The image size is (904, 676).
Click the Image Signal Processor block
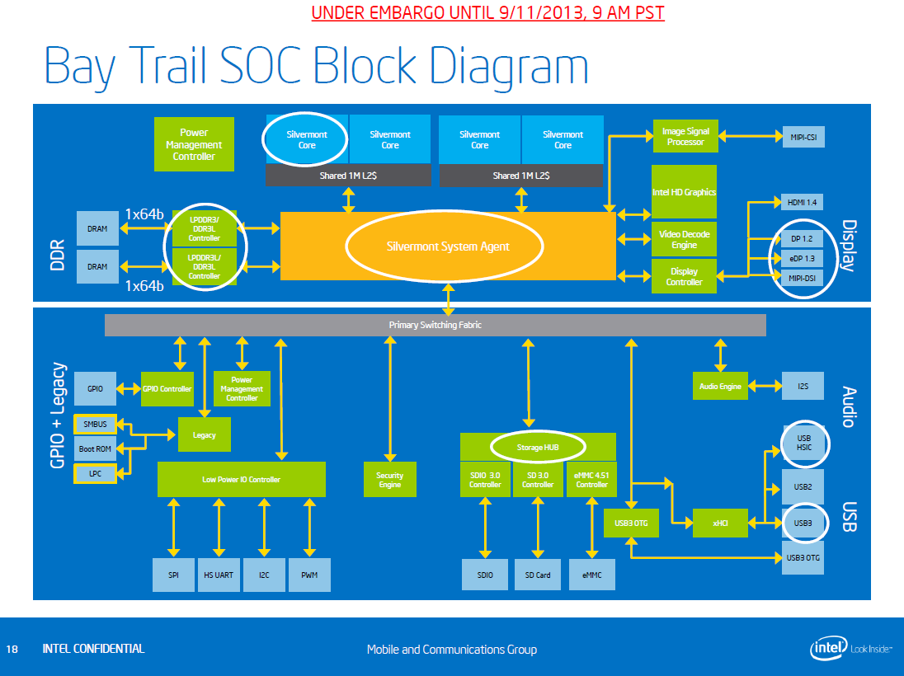[685, 137]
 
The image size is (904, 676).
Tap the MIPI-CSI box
[803, 137]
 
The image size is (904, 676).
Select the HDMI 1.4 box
[803, 202]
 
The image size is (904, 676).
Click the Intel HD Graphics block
[684, 192]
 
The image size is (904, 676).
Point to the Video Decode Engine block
[684, 240]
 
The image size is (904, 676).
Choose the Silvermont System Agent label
[448, 246]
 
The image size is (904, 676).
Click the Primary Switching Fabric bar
[435, 325]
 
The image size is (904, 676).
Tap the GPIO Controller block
[167, 389]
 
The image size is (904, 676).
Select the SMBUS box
[96, 425]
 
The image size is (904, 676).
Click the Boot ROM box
[96, 449]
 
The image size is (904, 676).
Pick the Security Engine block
[389, 480]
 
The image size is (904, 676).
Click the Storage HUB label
[538, 448]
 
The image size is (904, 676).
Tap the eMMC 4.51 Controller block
[591, 480]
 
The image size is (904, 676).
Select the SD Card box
[538, 575]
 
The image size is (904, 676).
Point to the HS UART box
[219, 575]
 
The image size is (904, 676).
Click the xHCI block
[720, 523]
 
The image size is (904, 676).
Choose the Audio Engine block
[720, 386]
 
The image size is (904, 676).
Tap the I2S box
[803, 386]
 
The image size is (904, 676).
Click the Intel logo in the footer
[827, 649]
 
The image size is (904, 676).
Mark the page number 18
[12, 649]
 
